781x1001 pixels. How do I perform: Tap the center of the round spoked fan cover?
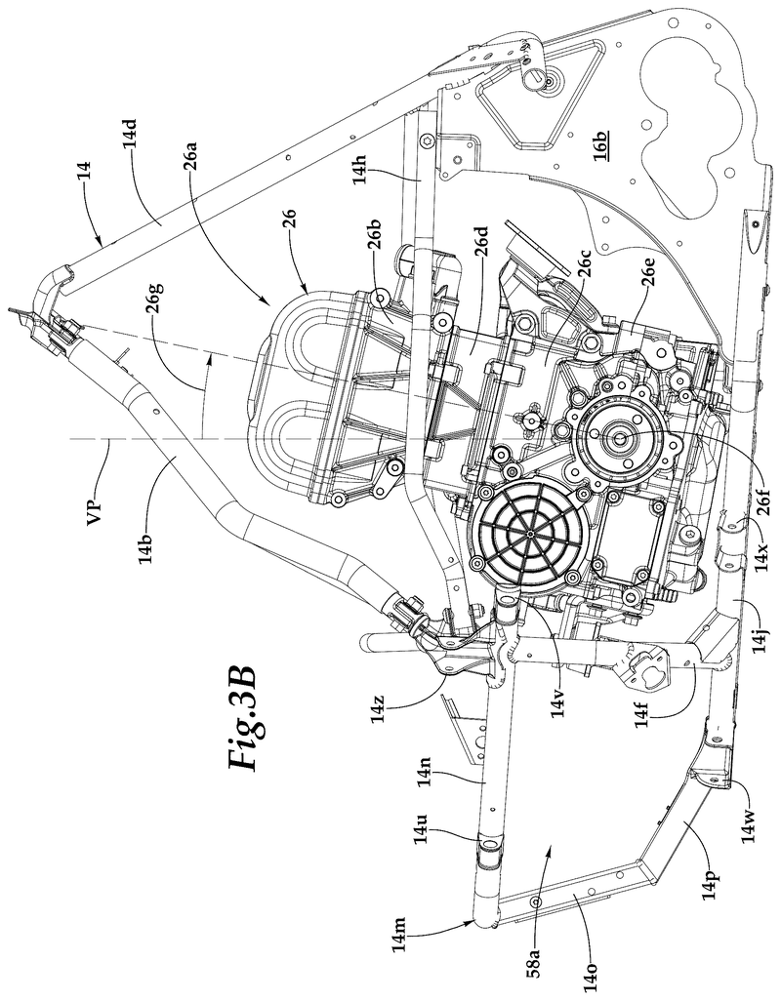click(x=527, y=533)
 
